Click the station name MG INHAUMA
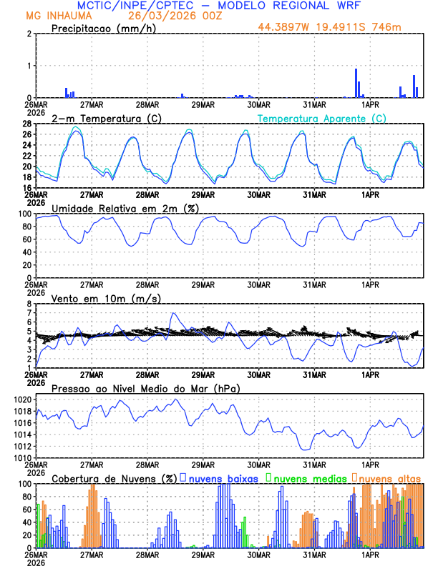tap(54, 16)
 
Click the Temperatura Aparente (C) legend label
tap(322, 118)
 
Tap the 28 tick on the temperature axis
tap(26, 124)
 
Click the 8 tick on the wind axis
tap(29, 304)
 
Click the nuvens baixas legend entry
tap(223, 477)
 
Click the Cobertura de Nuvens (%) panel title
tap(113, 478)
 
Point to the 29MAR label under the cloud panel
tap(203, 553)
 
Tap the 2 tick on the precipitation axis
tap(29, 34)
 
